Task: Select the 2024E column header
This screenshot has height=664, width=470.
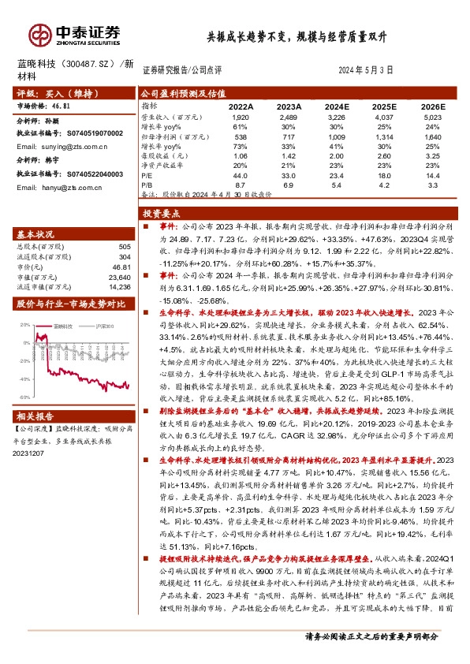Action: click(336, 106)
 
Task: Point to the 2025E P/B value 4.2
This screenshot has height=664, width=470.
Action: click(384, 185)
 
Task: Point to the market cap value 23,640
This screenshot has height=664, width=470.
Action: click(119, 277)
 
